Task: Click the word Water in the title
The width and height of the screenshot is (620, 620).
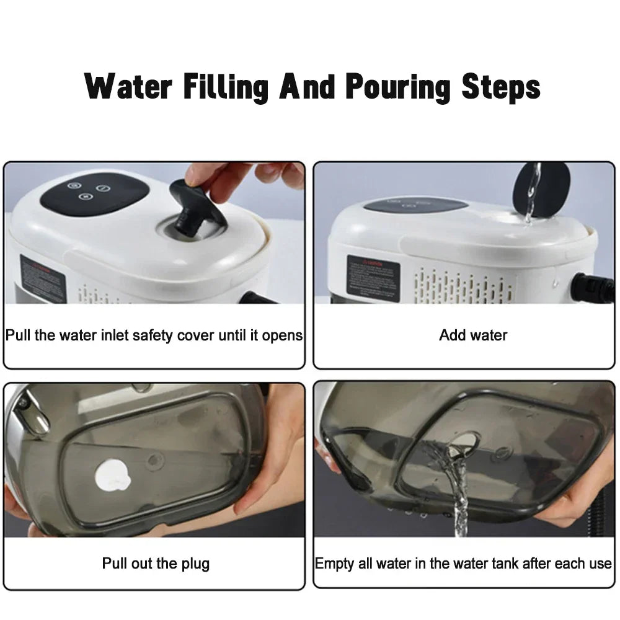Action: [127, 87]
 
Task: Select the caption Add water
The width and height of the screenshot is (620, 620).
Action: [473, 335]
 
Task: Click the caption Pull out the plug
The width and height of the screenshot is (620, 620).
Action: [156, 564]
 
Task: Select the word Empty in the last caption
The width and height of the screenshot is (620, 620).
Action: [334, 564]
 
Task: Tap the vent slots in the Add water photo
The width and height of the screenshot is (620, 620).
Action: [462, 285]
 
